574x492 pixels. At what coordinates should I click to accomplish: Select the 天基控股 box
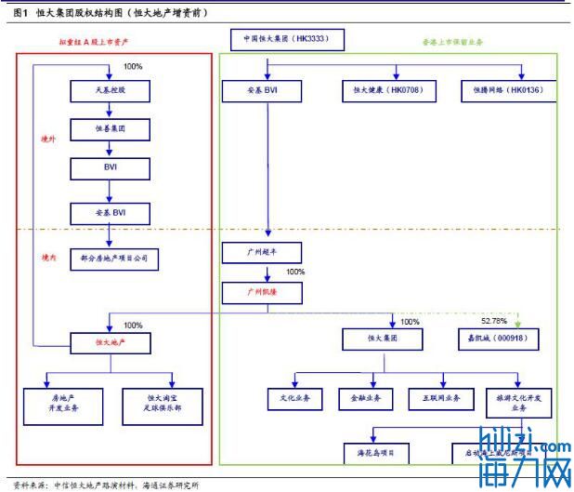(x=110, y=91)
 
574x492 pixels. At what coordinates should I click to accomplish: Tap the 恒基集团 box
(x=110, y=130)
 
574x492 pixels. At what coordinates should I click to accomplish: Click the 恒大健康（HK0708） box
(x=384, y=91)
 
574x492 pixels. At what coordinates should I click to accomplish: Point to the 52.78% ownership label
(x=494, y=321)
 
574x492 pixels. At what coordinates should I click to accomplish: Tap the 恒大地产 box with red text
(x=110, y=343)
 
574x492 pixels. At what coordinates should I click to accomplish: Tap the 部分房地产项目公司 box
(x=110, y=258)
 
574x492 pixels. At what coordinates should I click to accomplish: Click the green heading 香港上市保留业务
(x=453, y=43)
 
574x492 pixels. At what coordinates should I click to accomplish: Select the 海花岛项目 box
(x=376, y=452)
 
